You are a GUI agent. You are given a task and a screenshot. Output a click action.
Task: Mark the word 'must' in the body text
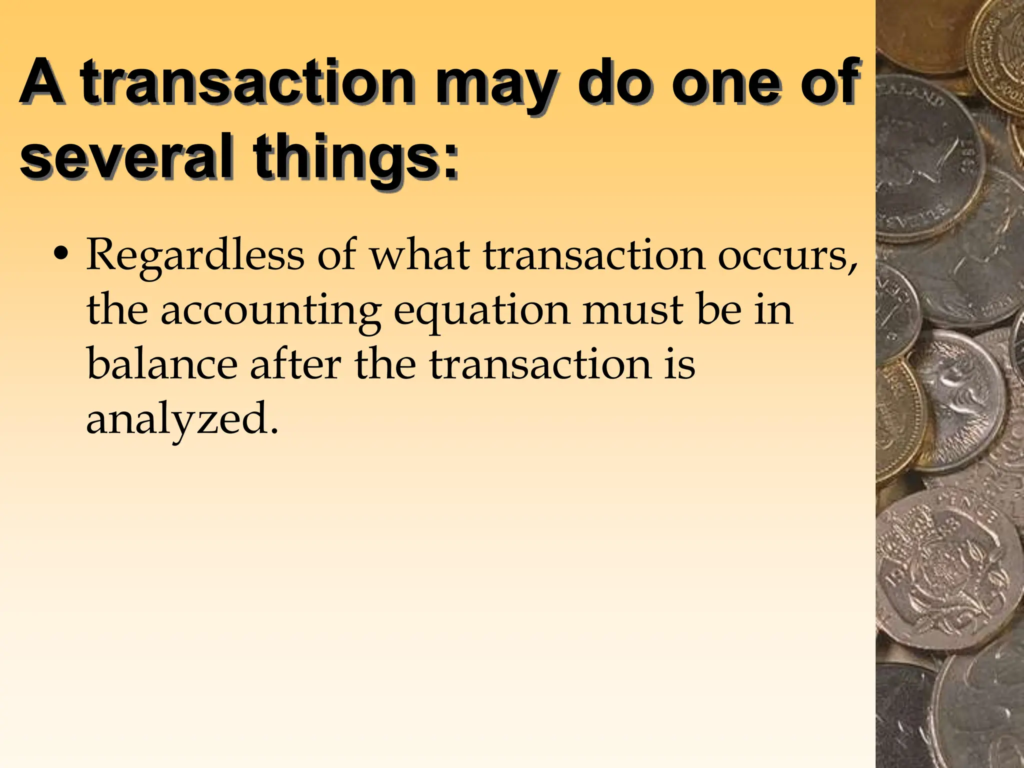[x=633, y=310]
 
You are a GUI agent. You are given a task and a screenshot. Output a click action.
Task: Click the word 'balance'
[x=162, y=365]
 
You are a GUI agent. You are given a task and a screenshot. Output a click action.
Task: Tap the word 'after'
[x=295, y=365]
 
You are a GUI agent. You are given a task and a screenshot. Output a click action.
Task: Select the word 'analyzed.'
[x=182, y=420]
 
